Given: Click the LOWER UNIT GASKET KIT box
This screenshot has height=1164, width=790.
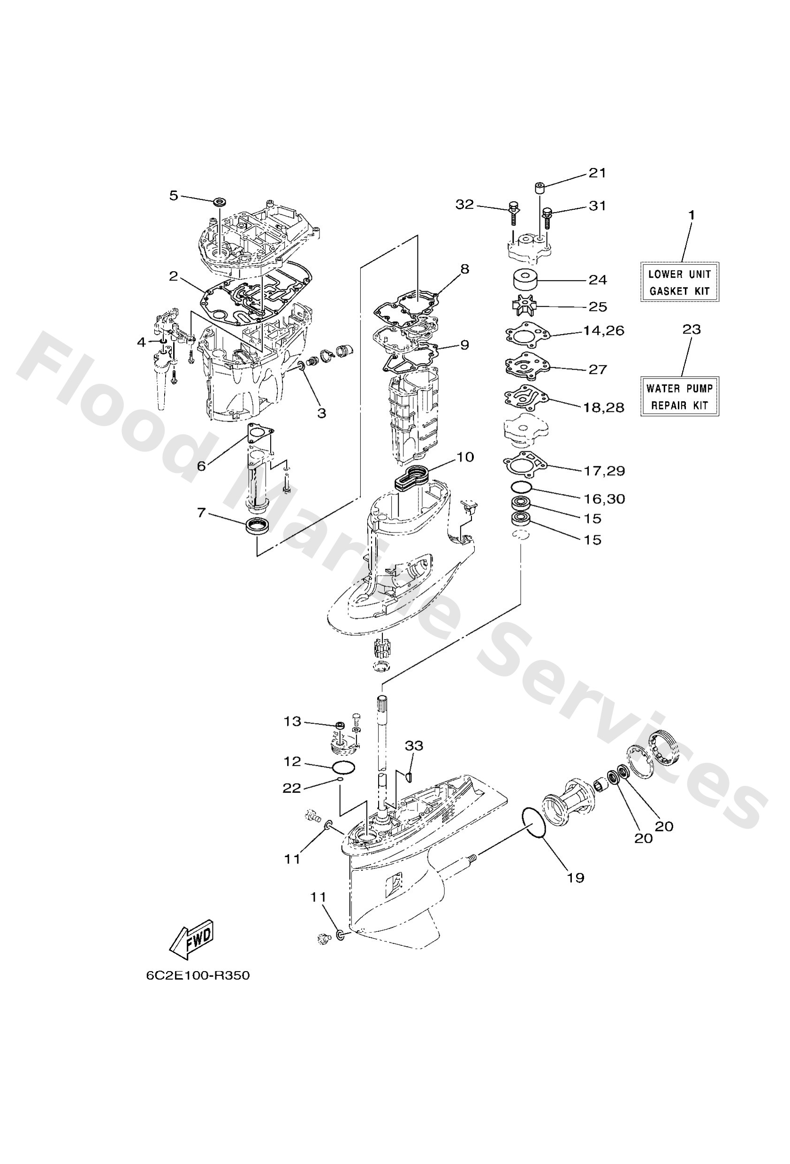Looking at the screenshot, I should pos(679,282).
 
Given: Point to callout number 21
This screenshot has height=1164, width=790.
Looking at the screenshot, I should pos(597,173).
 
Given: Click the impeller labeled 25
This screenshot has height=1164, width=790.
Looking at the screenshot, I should pos(523,305).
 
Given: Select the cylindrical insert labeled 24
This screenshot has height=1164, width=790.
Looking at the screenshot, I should pos(525,279).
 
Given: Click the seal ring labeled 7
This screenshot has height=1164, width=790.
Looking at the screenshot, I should pos(258,526).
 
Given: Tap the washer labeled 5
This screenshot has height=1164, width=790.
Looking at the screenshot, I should pos(220,202).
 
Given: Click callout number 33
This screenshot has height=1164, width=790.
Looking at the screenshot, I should pos(414,746).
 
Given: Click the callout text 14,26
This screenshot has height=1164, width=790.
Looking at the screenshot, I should pos(603,331).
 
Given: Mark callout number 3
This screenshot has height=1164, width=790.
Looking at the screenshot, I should pos(321,413).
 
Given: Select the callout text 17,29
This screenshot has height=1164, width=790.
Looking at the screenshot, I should pos(604,471).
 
